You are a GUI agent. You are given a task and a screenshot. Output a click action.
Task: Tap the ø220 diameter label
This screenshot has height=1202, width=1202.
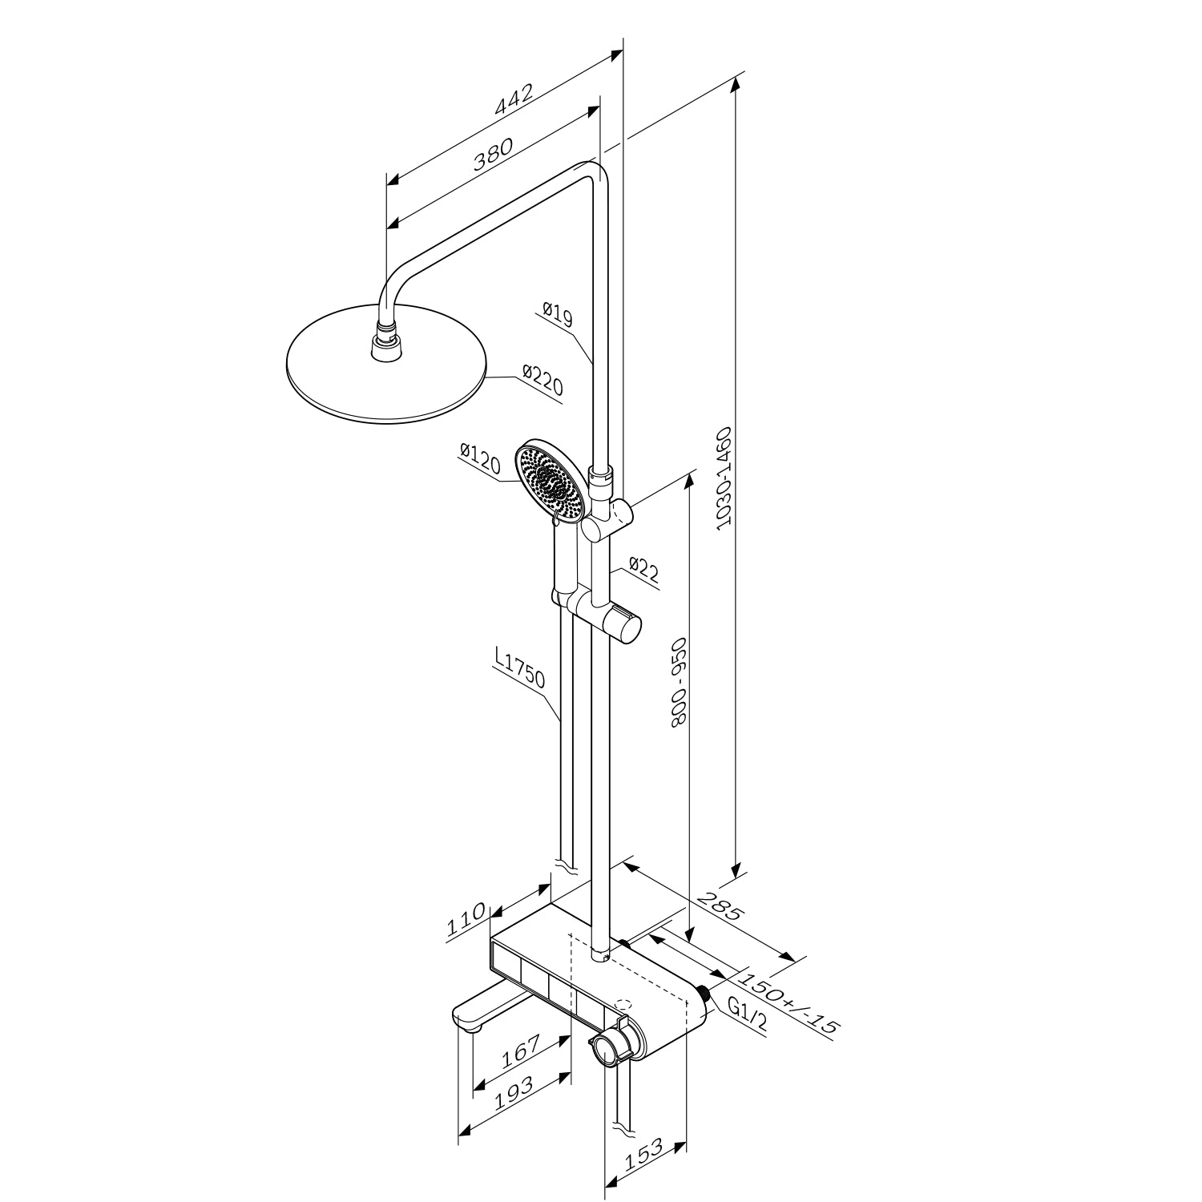click(543, 381)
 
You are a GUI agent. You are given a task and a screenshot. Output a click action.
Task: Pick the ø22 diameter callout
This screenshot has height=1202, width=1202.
click(643, 570)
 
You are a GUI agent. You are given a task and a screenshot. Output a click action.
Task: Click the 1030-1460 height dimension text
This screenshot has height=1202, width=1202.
click(724, 478)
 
